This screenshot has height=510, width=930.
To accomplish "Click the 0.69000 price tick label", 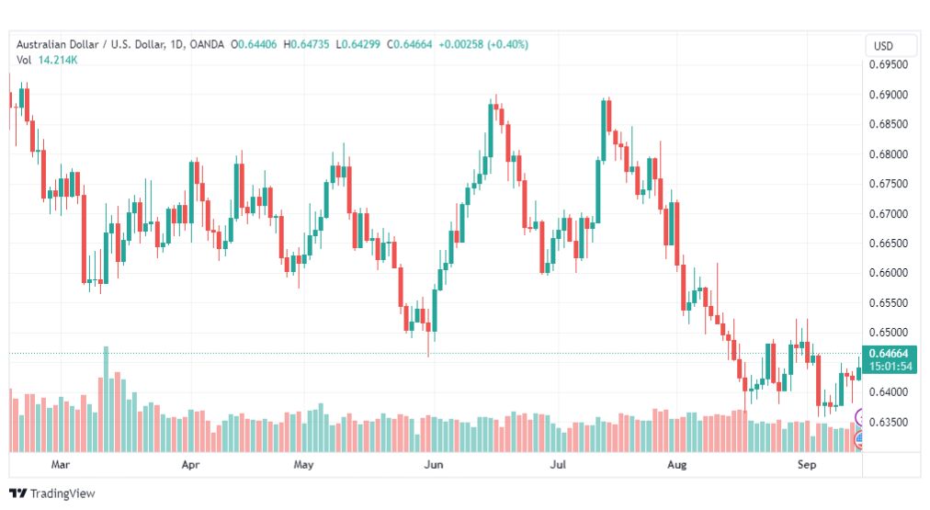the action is pos(888,95).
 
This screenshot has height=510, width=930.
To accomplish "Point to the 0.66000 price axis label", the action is pos(888,273).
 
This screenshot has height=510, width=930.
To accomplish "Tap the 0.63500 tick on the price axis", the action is pos(888,422).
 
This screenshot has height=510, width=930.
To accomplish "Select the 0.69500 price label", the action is pos(888,64).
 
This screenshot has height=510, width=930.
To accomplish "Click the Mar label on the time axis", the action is pos(60,464).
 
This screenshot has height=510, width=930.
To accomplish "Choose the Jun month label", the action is pos(434,464).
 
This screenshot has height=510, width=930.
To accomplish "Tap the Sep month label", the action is pos(807,464).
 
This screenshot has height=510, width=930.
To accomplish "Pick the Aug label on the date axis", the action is pos(676,464).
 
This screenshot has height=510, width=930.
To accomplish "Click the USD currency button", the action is pos(883,46).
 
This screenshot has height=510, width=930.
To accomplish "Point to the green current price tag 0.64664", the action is pos(889,354).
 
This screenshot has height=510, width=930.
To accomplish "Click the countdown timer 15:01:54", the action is pos(890,367).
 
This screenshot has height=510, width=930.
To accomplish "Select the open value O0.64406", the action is pos(254,44).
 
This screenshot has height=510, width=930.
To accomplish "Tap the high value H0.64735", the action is pos(306,44).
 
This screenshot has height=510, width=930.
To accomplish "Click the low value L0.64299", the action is pos(357,44).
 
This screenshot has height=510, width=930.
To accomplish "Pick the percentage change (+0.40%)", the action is pos(507,44).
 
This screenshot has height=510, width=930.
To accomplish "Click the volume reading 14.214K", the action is pos(58,60).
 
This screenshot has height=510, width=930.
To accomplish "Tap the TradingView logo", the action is pos(52,493).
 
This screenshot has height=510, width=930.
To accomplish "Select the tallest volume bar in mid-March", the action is pos(107,399).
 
